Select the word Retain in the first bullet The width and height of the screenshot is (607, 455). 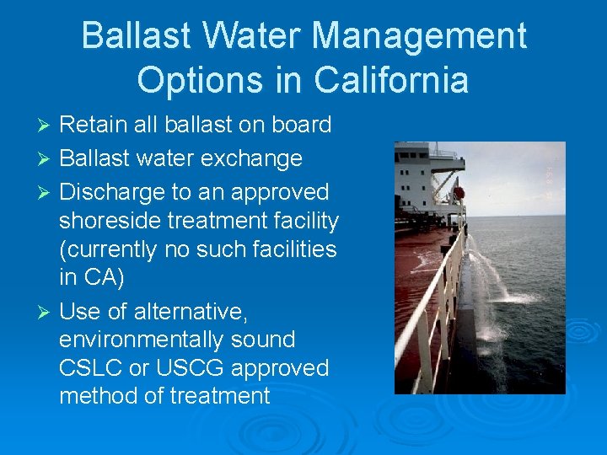[x=89, y=126]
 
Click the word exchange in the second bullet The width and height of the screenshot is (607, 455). [x=257, y=158]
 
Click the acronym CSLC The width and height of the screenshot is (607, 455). [x=88, y=368]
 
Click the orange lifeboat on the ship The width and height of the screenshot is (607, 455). [x=459, y=192]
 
